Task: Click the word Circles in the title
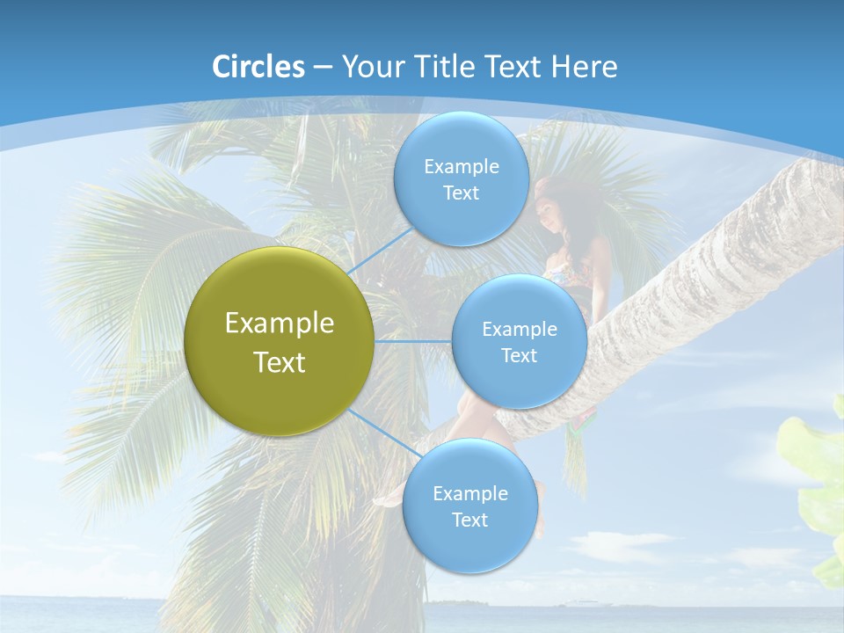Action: point(258,67)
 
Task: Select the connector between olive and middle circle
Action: point(413,341)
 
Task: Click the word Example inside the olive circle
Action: point(280,324)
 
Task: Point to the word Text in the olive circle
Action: point(280,362)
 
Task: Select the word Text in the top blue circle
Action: point(461,193)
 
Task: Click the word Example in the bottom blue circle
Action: point(469,494)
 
